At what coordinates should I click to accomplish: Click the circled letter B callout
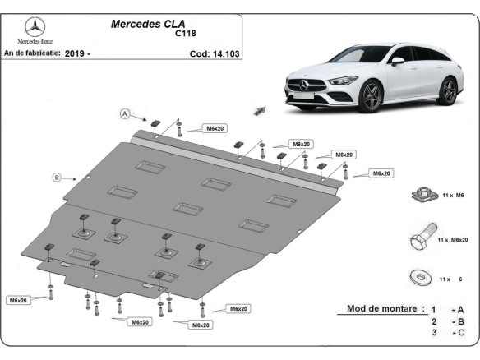tap(58, 176)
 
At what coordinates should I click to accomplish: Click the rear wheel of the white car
tap(447, 90)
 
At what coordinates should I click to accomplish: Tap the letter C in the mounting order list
tap(462, 334)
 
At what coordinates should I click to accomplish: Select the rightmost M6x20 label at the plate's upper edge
tap(381, 173)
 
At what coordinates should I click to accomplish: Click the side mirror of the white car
tap(398, 60)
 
